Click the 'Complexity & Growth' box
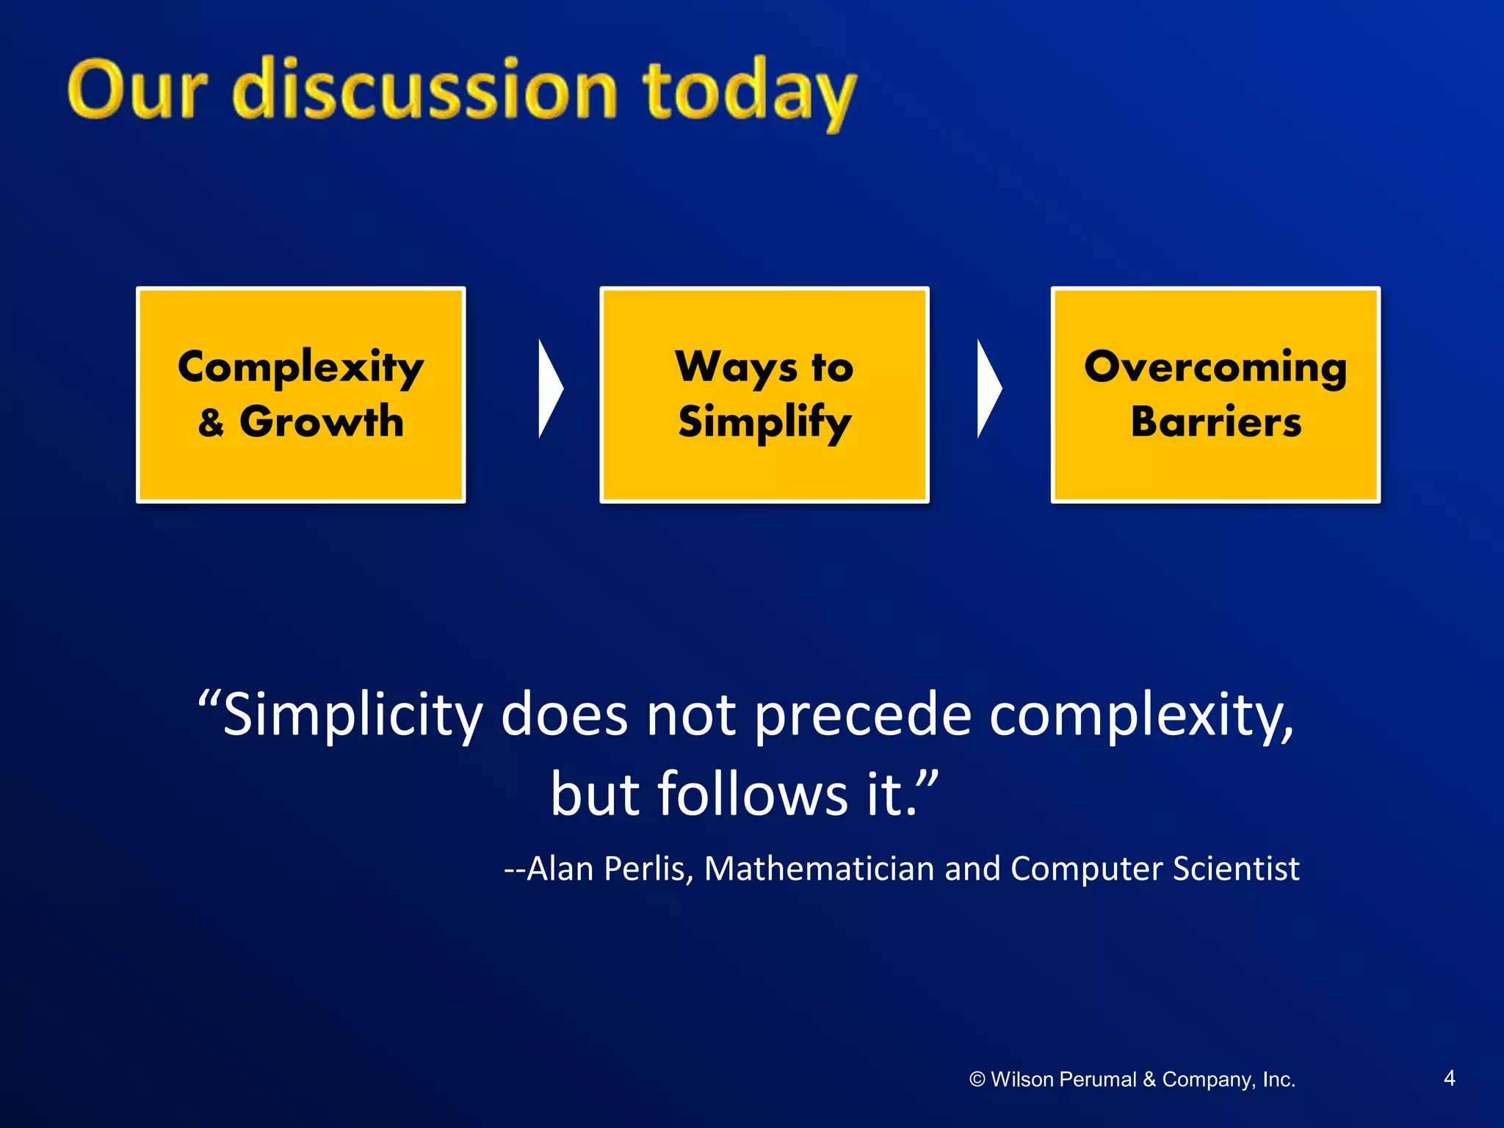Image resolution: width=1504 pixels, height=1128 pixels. tap(301, 394)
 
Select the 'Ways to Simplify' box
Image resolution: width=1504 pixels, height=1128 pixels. tap(764, 394)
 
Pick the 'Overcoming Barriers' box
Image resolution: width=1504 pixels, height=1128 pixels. tap(1215, 394)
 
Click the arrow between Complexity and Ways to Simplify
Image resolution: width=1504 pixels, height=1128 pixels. tap(549, 388)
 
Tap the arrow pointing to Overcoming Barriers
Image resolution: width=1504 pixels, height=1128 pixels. tap(988, 388)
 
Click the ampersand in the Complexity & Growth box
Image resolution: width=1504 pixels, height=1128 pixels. tap(211, 423)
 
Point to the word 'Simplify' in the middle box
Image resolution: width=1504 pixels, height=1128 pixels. tap(764, 423)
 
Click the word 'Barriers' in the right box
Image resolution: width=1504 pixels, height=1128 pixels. tap(1215, 422)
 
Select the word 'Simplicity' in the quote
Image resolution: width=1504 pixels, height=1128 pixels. tap(352, 715)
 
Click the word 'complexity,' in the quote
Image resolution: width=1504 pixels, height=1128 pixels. tap(1141, 715)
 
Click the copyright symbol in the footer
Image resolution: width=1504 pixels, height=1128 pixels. tap(977, 1079)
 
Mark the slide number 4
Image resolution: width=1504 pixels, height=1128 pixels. tap(1449, 1078)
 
